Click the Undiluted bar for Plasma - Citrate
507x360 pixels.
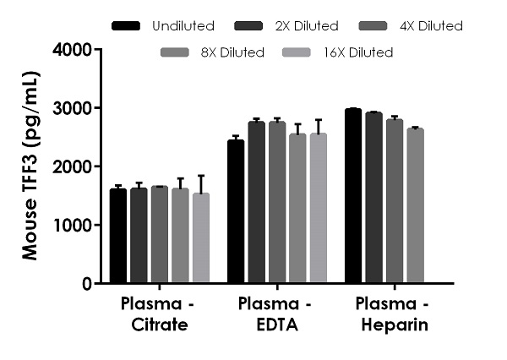tap(118, 237)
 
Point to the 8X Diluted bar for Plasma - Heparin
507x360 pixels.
tap(414, 206)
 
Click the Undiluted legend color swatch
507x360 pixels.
tap(126, 26)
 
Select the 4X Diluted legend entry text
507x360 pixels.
tap(428, 26)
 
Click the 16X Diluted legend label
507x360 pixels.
tap(358, 52)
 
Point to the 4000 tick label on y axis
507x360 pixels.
tap(73, 50)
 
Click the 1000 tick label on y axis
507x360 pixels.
tap(73, 226)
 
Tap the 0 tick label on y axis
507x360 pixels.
tap(86, 284)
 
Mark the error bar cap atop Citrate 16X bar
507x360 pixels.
tap(200, 176)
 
